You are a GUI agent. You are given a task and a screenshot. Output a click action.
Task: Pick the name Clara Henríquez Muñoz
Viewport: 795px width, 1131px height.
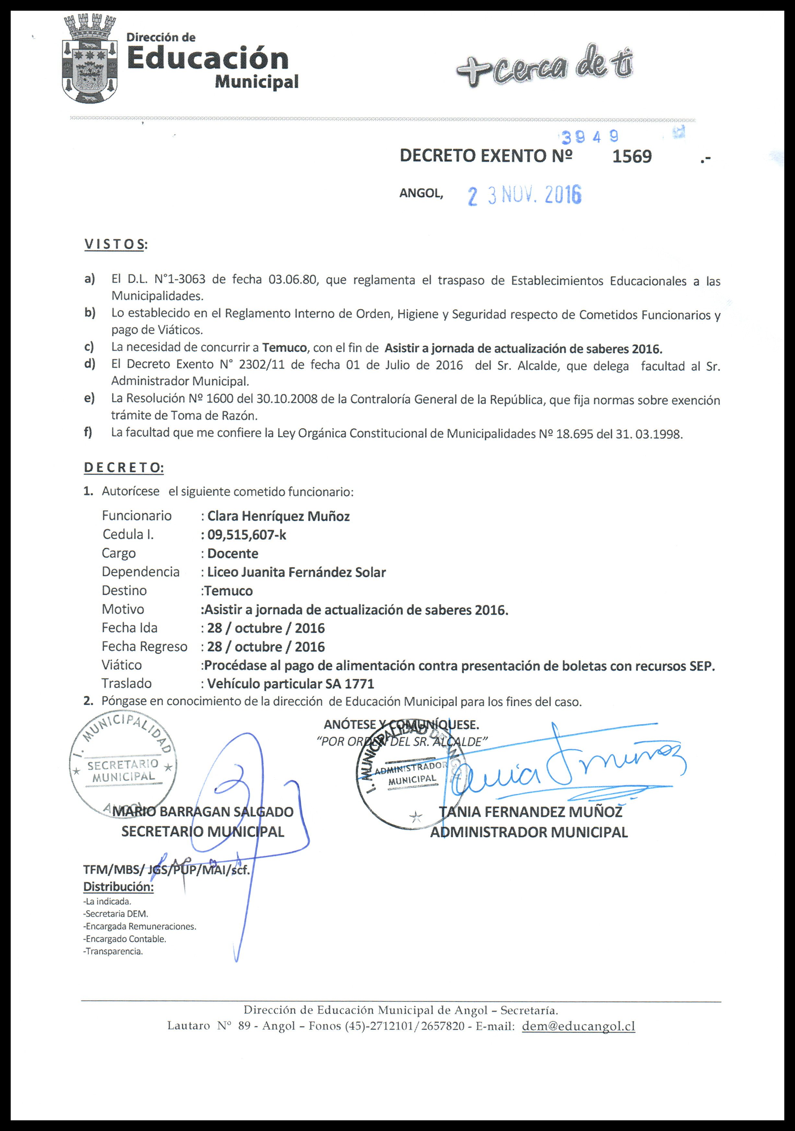tap(279, 516)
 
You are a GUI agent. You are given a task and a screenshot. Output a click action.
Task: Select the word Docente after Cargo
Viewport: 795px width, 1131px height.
tap(233, 554)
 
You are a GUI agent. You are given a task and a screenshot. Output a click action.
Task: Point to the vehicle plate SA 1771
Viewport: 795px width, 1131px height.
tap(350, 684)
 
